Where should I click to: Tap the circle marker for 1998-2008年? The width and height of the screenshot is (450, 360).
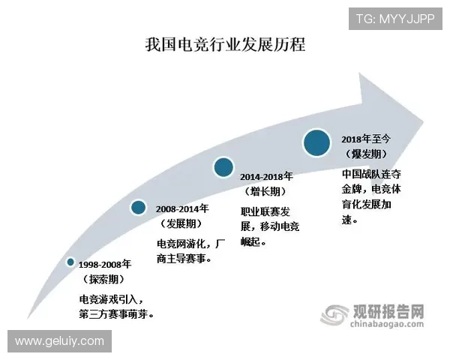[70, 262]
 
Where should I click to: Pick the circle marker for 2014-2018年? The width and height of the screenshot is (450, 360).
[223, 167]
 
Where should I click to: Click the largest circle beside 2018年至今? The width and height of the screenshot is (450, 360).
[316, 142]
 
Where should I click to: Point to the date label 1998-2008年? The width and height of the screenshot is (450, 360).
[106, 265]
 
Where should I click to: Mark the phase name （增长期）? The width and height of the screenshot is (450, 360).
[268, 191]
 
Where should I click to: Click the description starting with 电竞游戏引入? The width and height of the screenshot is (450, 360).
[116, 306]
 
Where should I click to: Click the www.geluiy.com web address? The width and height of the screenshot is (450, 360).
[60, 341]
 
